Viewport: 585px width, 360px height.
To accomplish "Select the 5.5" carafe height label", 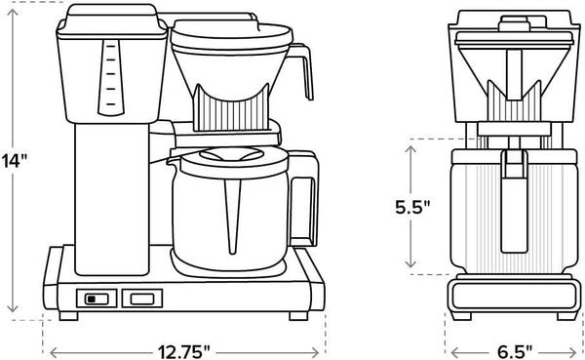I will tap(413, 207).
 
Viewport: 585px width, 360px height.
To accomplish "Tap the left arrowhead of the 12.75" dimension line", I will tap(52, 349).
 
